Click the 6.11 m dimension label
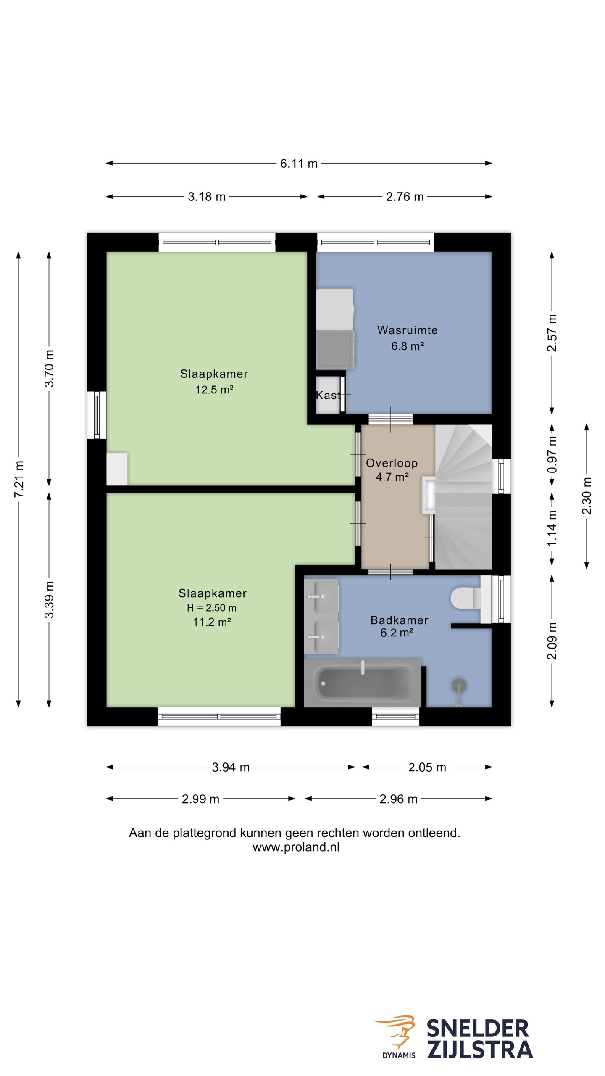299,164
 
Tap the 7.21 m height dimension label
19,479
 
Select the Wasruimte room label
407,330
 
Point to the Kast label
328,395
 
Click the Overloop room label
392,463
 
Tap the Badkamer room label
399,620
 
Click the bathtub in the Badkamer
362,683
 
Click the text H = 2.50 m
212,608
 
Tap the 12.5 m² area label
214,390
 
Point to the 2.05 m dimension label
427,767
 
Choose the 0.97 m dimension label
552,455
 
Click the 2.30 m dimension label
587,496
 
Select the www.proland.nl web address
296,847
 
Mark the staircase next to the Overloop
463,497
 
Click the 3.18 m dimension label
206,197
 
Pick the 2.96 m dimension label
398,799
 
